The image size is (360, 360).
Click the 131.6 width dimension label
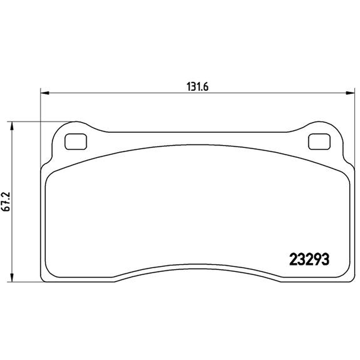point(198,87)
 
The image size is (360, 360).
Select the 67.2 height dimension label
point(6,202)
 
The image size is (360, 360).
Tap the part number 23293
point(309,260)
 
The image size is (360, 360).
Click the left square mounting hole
point(76,142)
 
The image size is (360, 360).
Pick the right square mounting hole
point(319,142)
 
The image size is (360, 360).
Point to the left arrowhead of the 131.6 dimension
point(45,93)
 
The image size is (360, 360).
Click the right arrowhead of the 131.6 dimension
point(351,93)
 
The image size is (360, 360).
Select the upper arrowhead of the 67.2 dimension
point(11,126)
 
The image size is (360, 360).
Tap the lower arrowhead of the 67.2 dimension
point(11,278)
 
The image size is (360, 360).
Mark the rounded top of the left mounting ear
point(76,121)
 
